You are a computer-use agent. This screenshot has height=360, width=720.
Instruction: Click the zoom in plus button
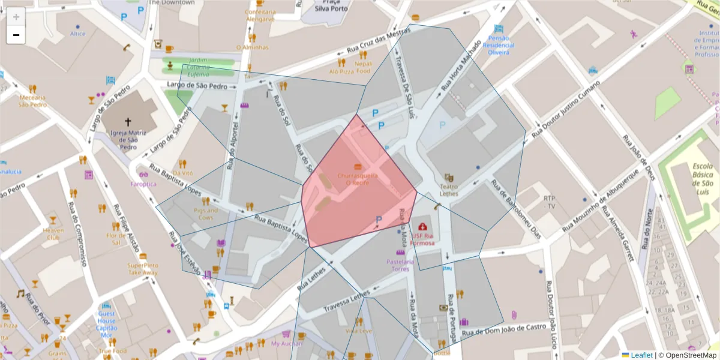(x=16, y=17)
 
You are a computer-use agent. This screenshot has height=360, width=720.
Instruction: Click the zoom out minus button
(x=16, y=35)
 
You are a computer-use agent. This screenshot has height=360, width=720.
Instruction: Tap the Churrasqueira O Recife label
(x=357, y=179)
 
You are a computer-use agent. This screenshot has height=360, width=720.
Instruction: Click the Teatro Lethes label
(x=449, y=190)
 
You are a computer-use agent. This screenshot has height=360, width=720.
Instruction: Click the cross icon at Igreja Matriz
(x=127, y=121)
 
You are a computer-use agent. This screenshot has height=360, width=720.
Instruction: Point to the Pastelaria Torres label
(x=400, y=265)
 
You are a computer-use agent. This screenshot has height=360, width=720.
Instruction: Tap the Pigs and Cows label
(x=206, y=214)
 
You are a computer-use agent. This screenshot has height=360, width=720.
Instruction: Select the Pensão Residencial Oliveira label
(x=499, y=45)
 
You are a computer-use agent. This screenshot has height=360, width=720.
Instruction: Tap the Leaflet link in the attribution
(x=641, y=355)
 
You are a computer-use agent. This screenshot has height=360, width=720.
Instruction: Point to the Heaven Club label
(x=53, y=234)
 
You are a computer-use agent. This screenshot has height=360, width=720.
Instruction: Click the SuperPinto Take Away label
(x=143, y=268)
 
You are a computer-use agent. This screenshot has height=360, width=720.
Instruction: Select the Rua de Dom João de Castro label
(x=504, y=329)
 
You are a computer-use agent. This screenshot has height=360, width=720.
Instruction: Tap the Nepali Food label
(x=363, y=67)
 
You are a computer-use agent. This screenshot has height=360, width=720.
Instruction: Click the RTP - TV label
(x=550, y=202)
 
